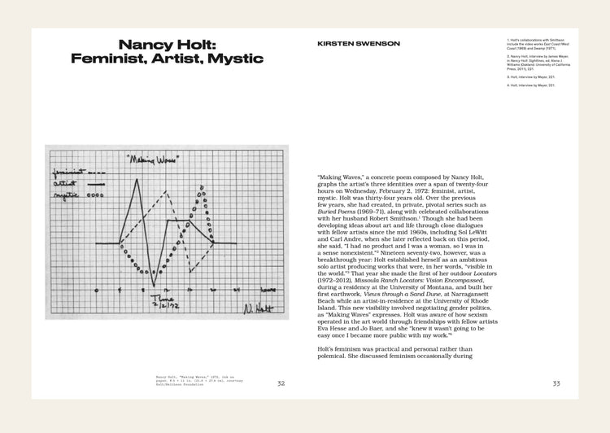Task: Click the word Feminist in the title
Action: (x=106, y=59)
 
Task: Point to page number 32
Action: (x=281, y=383)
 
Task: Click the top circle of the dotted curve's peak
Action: (x=201, y=186)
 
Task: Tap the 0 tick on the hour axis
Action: (x=97, y=290)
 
